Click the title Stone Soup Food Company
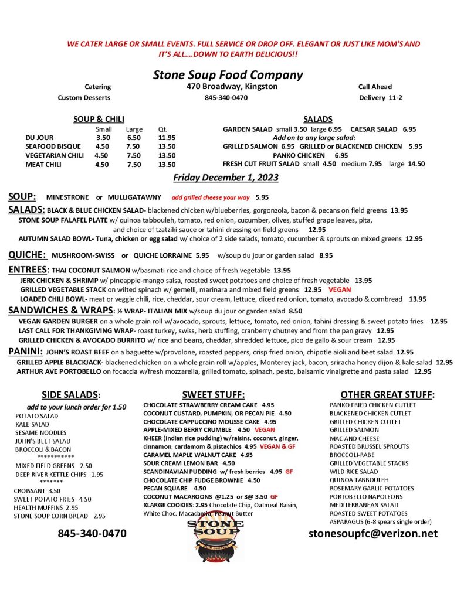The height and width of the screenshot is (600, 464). (228, 74)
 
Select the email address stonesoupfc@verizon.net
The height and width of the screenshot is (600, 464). (373, 533)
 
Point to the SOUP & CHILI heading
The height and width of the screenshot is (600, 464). (99, 119)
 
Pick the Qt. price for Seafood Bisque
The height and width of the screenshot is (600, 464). (167, 146)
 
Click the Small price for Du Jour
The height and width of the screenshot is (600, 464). (103, 137)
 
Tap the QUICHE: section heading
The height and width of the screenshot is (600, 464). (27, 255)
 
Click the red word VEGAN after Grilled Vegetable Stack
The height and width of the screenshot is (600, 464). (340, 289)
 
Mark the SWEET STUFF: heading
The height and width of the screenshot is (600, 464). (213, 395)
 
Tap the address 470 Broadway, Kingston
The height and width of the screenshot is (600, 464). (228, 87)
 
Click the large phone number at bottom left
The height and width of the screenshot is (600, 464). (92, 533)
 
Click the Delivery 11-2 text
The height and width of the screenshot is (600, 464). (380, 97)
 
